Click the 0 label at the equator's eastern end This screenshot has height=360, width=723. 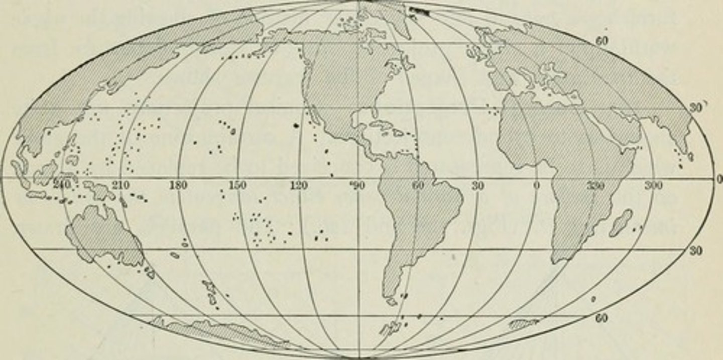(x=719, y=179)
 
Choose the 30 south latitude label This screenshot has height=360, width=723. (x=695, y=251)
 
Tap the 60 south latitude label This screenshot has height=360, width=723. (x=603, y=318)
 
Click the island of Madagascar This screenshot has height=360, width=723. (x=621, y=224)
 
